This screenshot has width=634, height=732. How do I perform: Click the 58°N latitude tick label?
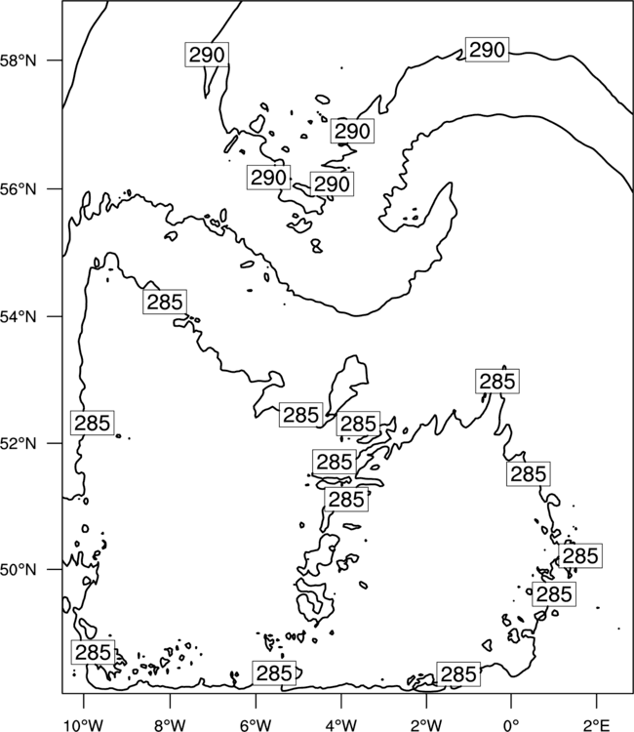tap(19, 61)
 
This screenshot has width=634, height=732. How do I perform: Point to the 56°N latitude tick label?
tap(19, 189)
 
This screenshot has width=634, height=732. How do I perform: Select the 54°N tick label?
tap(19, 317)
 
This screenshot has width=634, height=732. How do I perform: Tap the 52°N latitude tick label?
tap(19, 443)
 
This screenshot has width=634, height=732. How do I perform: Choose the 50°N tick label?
tap(19, 570)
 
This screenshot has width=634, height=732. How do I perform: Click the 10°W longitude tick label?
tap(84, 725)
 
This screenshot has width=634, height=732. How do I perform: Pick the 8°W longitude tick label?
tap(170, 725)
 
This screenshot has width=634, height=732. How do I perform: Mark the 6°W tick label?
tap(256, 725)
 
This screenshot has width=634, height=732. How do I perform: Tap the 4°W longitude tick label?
tap(340, 725)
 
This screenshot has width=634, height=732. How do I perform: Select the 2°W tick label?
tap(426, 725)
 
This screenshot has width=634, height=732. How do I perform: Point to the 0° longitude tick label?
tap(511, 725)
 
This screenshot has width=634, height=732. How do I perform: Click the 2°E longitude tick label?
tap(596, 725)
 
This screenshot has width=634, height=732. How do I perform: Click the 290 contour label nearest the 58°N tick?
tap(207, 55)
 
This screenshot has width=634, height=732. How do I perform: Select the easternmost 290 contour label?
tap(487, 50)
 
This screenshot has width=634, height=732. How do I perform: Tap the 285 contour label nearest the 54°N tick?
tap(165, 302)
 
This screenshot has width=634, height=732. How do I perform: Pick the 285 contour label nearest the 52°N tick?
tap(93, 423)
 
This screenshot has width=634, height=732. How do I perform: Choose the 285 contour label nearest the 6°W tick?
tap(274, 673)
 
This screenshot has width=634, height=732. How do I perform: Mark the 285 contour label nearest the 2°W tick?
tap(458, 674)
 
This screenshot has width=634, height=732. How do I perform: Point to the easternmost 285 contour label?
tap(580, 555)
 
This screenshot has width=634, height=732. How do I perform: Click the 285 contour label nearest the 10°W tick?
tap(93, 652)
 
